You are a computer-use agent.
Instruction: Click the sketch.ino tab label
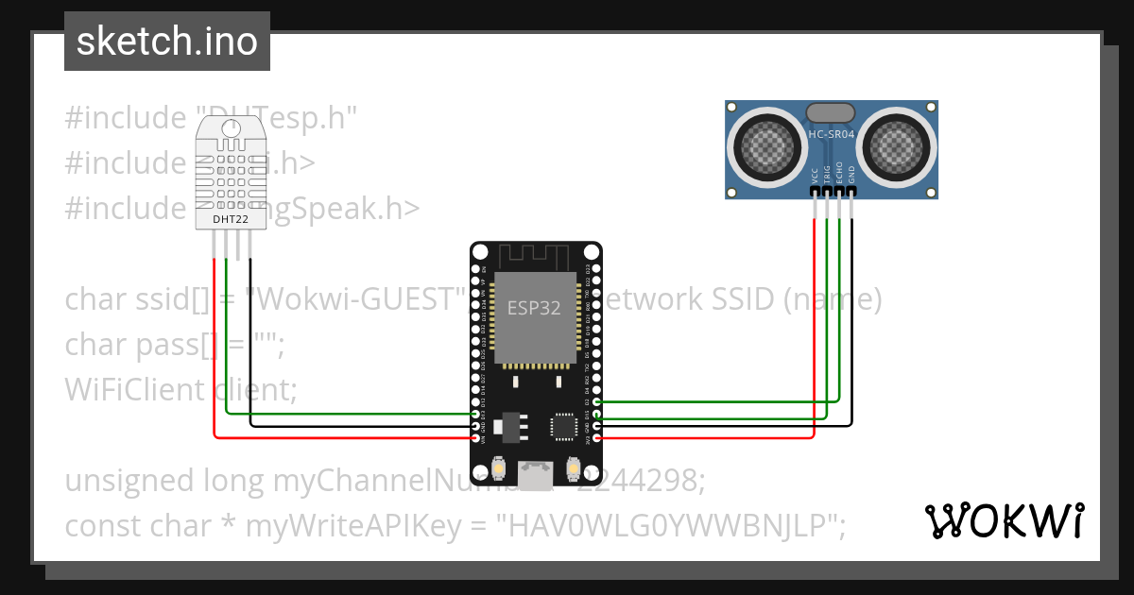(166, 42)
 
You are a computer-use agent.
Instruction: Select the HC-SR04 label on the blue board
(832, 135)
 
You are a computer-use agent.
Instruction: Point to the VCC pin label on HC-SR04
(816, 176)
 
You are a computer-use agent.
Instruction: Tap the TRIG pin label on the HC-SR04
(828, 174)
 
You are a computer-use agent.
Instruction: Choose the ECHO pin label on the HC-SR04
(839, 174)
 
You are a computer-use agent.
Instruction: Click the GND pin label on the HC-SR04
(851, 176)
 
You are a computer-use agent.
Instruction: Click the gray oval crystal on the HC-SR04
(832, 112)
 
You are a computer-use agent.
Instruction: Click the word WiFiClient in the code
(133, 389)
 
